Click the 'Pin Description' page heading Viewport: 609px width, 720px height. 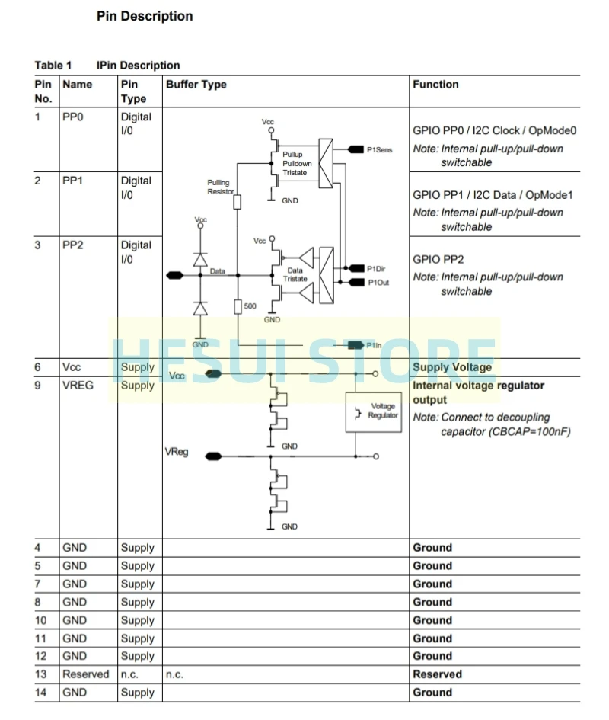(145, 16)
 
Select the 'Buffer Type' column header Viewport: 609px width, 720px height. (196, 85)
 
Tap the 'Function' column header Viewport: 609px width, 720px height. (435, 85)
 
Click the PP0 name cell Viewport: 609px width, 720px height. (73, 117)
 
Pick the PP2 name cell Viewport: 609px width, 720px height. (73, 245)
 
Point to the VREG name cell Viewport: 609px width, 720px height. (78, 386)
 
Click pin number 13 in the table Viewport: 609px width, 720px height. (41, 674)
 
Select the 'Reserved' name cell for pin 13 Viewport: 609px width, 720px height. (86, 674)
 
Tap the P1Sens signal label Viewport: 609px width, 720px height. (379, 150)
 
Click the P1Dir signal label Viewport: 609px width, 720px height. (377, 269)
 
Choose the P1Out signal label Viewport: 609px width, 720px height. (378, 283)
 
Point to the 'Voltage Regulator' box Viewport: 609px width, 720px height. (373, 411)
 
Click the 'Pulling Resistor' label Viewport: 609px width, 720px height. (221, 187)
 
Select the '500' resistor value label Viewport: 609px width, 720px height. (250, 306)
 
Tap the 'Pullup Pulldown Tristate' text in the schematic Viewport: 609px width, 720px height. (297, 164)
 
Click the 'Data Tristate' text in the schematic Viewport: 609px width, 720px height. (295, 275)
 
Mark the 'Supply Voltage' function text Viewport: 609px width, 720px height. (452, 367)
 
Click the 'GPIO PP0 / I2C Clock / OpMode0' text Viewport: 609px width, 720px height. (495, 130)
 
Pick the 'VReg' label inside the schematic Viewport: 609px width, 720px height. (176, 453)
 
